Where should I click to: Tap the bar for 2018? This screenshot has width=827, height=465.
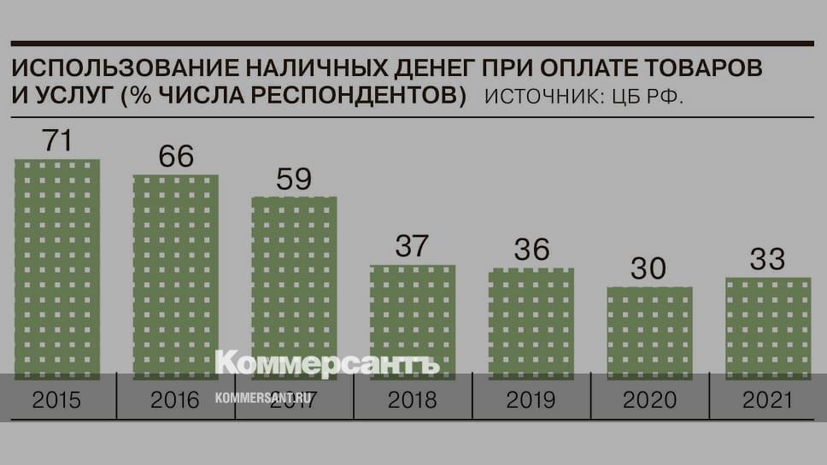pos(413,321)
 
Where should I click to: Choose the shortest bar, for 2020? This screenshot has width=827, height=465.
pos(649,333)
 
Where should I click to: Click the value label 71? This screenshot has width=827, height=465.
pos(56,140)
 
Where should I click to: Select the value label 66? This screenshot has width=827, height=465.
pos(175,156)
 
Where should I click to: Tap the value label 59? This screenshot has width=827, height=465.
pos(294,179)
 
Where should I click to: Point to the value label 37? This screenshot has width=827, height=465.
pos(412,246)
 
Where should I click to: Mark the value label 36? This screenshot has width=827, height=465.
pos(531,250)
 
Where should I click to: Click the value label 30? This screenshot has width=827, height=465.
pos(648,268)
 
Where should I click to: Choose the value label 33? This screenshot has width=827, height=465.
pos(767,259)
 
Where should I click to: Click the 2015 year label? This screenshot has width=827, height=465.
pos(57,399)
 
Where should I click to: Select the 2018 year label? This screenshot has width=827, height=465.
pos(412,399)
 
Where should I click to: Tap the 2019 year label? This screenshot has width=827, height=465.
pos(531,399)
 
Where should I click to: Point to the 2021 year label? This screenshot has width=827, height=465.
pos(767,399)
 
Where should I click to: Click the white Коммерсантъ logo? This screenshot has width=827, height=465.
pos(326,362)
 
